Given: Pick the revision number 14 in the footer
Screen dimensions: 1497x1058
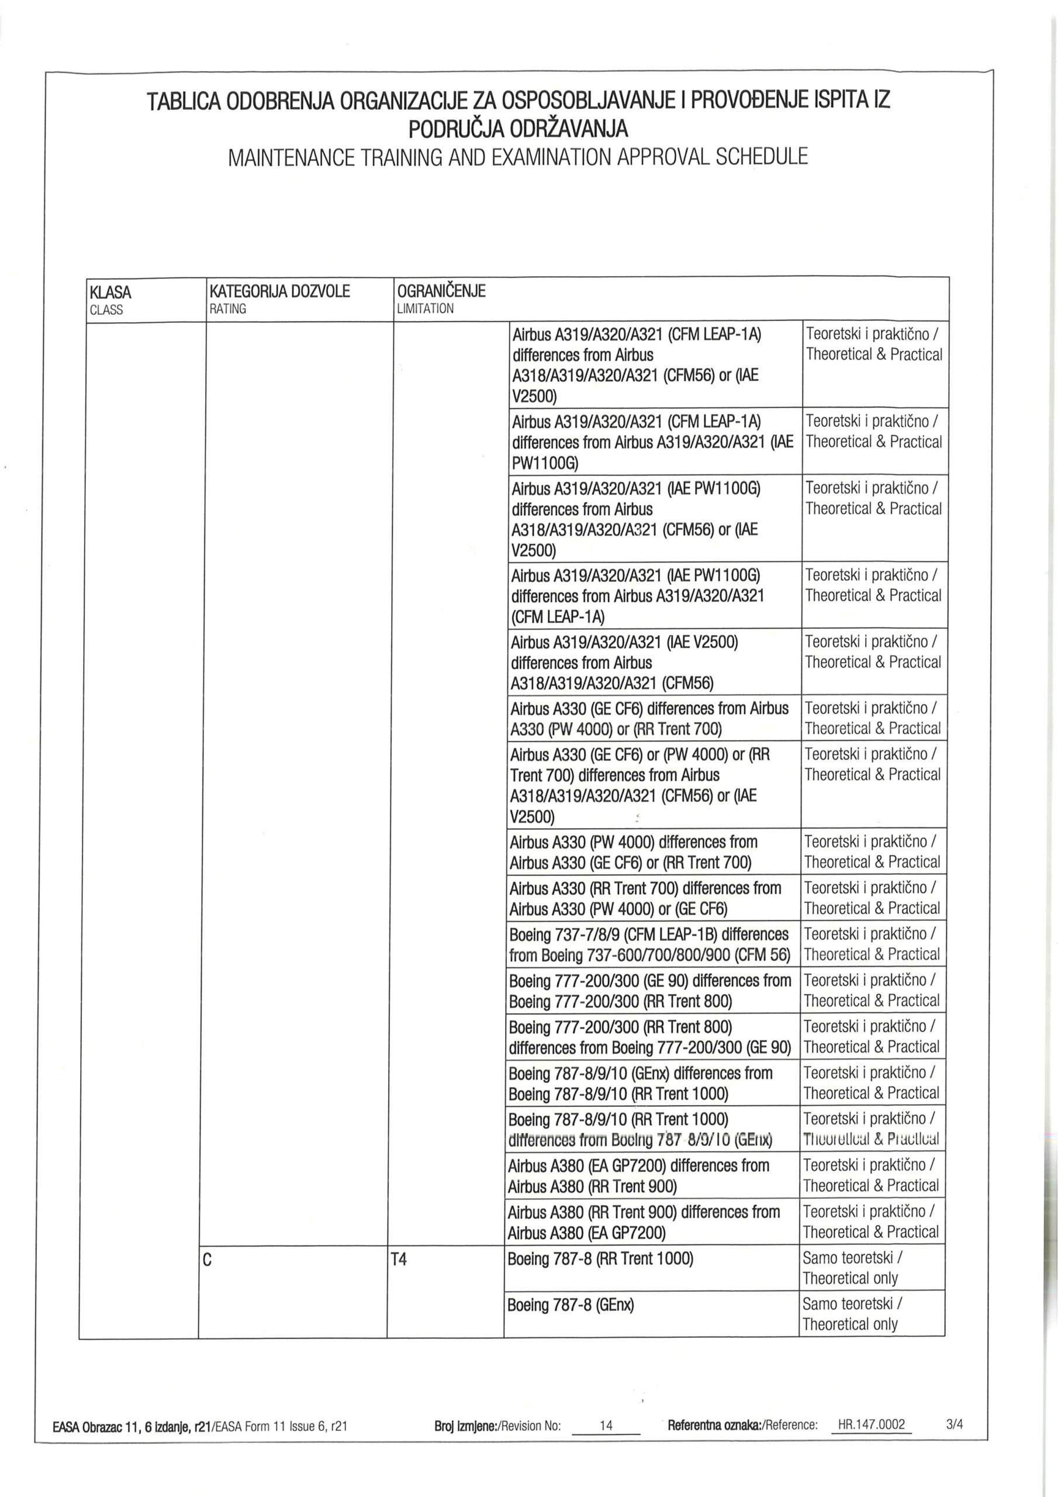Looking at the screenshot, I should coord(606,1425).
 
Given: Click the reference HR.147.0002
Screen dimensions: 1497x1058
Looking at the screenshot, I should coord(872,1424).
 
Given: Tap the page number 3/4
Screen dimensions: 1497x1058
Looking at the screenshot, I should coord(954,1424).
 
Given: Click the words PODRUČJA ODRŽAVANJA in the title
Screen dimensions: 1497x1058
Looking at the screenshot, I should coord(518,129).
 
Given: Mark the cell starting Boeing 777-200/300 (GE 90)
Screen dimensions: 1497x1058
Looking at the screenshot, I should coord(650,991).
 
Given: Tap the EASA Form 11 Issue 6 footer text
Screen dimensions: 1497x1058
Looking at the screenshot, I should coord(199,1426).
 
